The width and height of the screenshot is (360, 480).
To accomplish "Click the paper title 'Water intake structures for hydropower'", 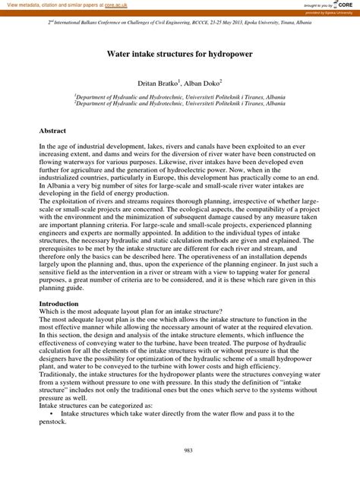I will tap(180, 55).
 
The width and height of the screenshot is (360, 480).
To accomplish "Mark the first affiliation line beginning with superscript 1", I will tap(180, 96).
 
